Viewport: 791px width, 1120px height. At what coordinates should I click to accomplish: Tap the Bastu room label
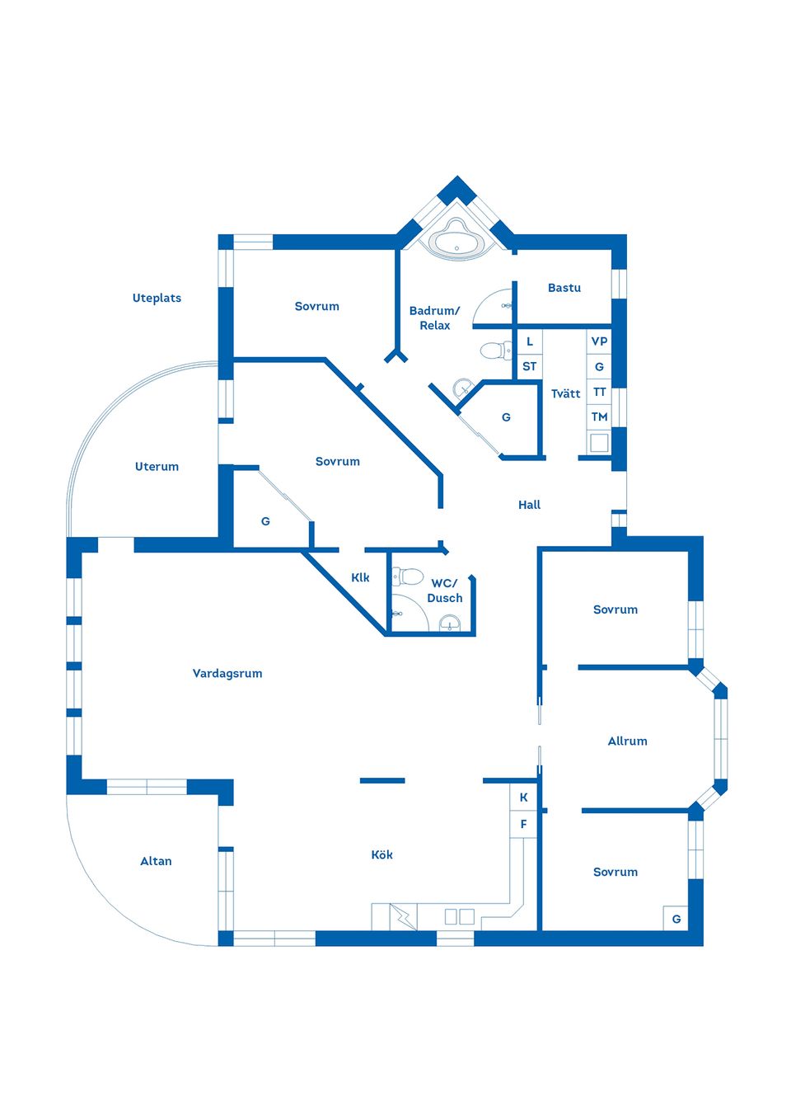(x=564, y=288)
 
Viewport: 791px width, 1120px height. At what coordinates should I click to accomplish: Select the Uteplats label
(x=157, y=298)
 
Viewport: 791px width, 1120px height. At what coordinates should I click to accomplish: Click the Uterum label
(x=157, y=467)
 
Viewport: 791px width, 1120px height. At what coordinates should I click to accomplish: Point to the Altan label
(x=156, y=861)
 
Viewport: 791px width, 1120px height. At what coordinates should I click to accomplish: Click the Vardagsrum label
(x=227, y=674)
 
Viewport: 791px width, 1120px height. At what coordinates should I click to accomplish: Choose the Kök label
(x=382, y=854)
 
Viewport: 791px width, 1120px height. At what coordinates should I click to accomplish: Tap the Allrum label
(x=627, y=741)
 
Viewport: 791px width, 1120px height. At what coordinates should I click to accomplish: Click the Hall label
(x=529, y=505)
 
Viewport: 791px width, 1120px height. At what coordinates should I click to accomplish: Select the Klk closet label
(x=360, y=577)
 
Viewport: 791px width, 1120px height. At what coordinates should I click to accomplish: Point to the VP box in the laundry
(x=599, y=341)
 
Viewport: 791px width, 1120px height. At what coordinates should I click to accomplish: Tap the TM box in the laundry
(x=599, y=416)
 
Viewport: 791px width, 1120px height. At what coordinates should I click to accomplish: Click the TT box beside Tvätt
(x=599, y=392)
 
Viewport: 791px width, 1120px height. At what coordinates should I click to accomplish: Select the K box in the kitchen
(x=523, y=798)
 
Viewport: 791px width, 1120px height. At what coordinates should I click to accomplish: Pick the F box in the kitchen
(x=523, y=824)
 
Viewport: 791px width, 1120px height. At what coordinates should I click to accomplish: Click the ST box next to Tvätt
(x=529, y=366)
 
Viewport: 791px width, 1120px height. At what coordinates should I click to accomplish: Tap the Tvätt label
(x=566, y=394)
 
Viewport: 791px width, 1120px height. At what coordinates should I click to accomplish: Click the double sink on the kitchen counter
(x=460, y=916)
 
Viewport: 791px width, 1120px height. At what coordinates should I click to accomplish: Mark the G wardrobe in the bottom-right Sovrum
(x=676, y=919)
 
